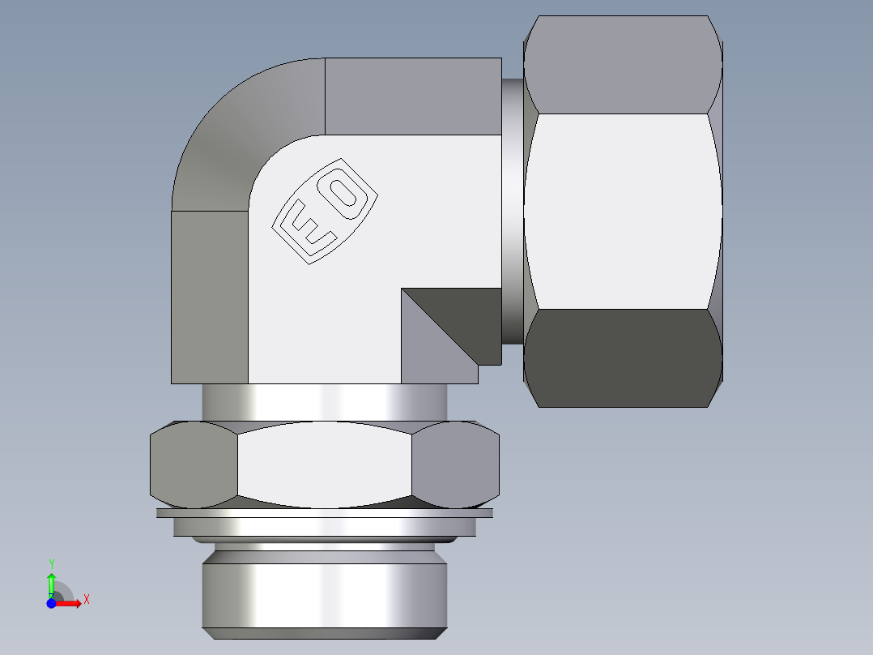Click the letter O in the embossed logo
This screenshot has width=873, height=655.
coord(347,194)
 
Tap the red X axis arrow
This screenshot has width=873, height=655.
coord(70,603)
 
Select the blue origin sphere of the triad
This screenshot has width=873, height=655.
coord(52,603)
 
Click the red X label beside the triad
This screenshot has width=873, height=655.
coord(87,600)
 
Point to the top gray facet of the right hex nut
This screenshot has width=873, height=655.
coord(622,65)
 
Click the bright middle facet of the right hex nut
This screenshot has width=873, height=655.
coord(622,211)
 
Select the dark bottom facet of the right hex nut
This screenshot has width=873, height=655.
coord(622,357)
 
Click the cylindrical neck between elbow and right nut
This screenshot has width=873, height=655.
coord(512,211)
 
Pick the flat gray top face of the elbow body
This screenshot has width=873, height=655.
coord(413,96)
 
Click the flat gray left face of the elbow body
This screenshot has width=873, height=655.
coord(209,297)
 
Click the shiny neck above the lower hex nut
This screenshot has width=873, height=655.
coord(324,402)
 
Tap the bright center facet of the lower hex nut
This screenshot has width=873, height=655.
coord(324,465)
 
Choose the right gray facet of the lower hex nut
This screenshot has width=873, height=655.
coord(455,465)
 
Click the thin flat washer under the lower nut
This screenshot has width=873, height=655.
coord(324,513)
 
